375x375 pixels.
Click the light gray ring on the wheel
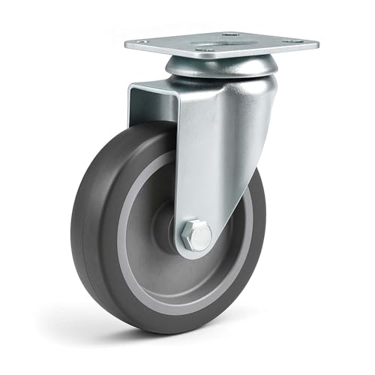click(135, 247)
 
